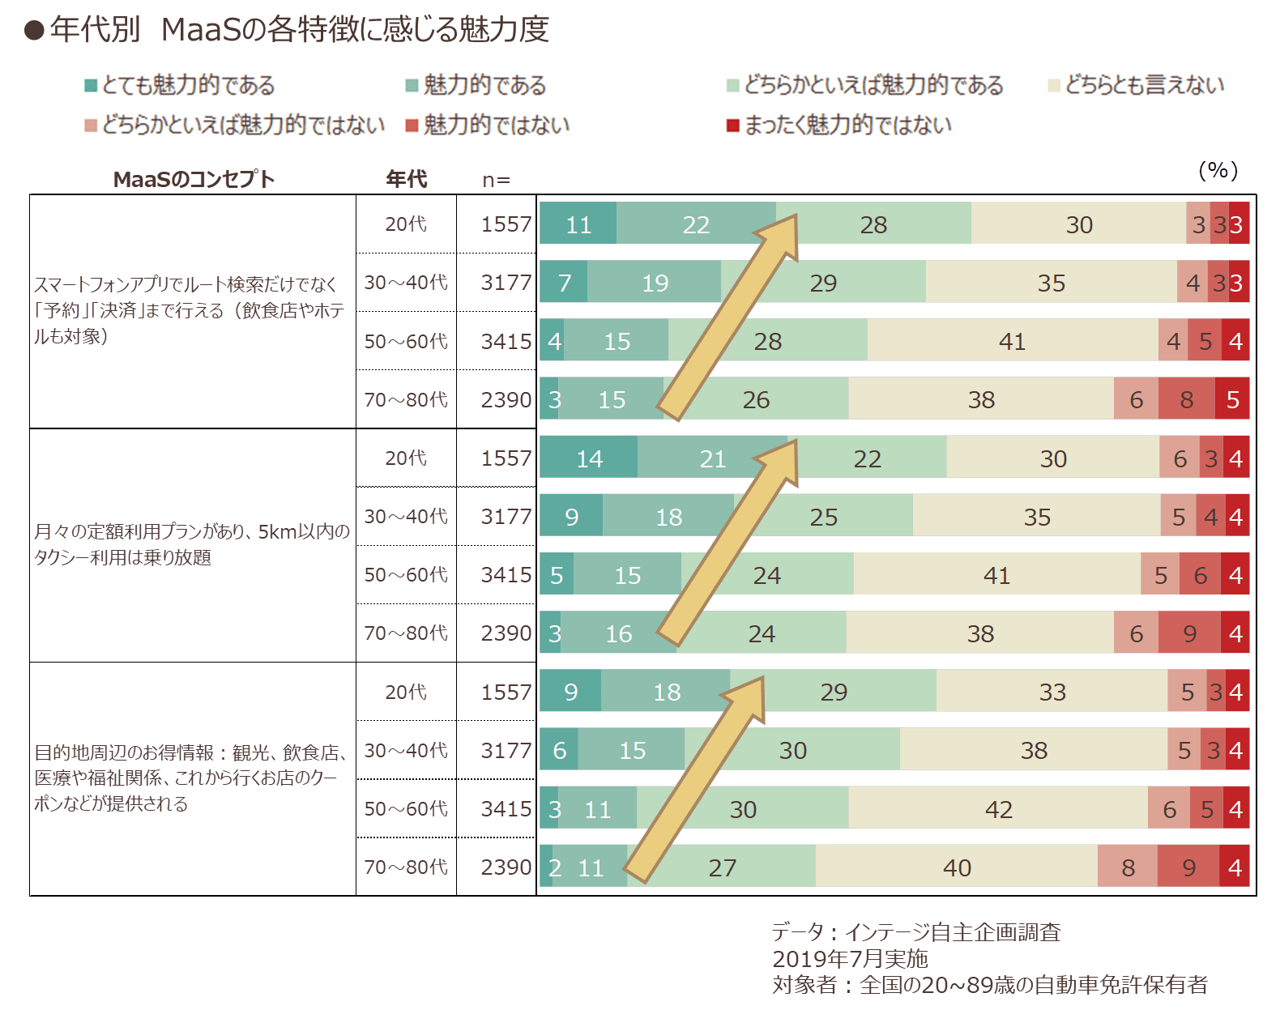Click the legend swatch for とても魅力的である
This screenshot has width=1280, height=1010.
(x=91, y=86)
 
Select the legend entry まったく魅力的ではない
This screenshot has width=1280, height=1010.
(x=839, y=125)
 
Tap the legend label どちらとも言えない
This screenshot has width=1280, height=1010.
(x=1145, y=85)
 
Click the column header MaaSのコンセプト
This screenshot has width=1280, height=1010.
(x=194, y=178)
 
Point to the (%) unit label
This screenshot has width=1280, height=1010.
(x=1218, y=171)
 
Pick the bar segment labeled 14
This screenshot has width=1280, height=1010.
(x=589, y=457)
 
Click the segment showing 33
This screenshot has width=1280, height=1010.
(x=1052, y=691)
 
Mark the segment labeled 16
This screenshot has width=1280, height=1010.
(x=619, y=633)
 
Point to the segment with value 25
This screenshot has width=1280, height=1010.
(x=824, y=515)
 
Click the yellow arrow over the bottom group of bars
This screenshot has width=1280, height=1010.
(x=695, y=779)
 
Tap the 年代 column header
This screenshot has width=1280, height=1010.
(x=406, y=178)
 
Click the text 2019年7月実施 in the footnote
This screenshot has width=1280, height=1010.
(x=850, y=958)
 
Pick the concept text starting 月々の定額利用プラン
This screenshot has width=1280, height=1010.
(x=191, y=543)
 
